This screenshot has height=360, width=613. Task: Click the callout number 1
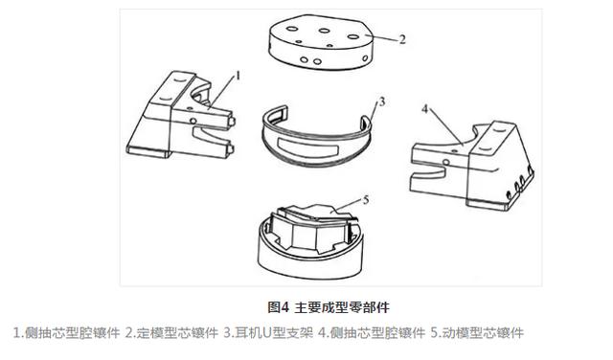pos(238,76)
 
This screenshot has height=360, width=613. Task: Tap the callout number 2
pos(402,39)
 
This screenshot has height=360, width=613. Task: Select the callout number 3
pos(381,102)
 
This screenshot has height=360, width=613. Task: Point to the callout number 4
pos(425,108)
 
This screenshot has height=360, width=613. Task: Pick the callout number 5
pos(366,200)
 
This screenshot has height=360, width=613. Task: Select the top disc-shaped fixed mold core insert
pos(321,42)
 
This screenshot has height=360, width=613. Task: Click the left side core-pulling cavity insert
pos(181,115)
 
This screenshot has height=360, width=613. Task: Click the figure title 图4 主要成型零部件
pos(329,307)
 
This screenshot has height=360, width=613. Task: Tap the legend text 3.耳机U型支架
pos(268,332)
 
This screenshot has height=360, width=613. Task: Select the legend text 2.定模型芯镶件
pos(171,332)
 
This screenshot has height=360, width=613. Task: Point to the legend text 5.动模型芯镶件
pos(477,332)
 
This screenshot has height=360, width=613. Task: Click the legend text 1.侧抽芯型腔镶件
pos(66,332)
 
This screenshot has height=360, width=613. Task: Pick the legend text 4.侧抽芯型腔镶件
pos(372,332)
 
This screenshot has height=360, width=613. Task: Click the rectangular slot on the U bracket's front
pos(307,147)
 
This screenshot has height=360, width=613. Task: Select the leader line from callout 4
pos(445,127)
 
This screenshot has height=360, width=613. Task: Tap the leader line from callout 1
pos(221,93)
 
